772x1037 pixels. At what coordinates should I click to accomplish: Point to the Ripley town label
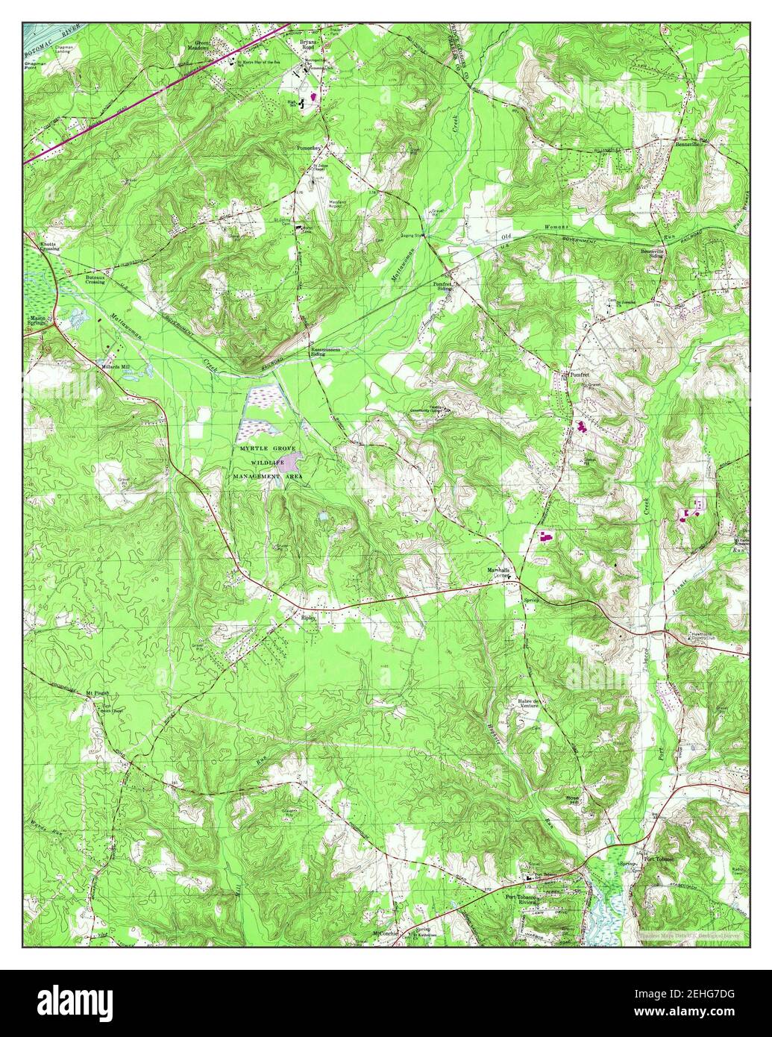click(x=309, y=618)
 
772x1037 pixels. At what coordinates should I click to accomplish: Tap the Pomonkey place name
click(x=309, y=148)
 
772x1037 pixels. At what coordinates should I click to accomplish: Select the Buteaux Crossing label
click(x=94, y=279)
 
